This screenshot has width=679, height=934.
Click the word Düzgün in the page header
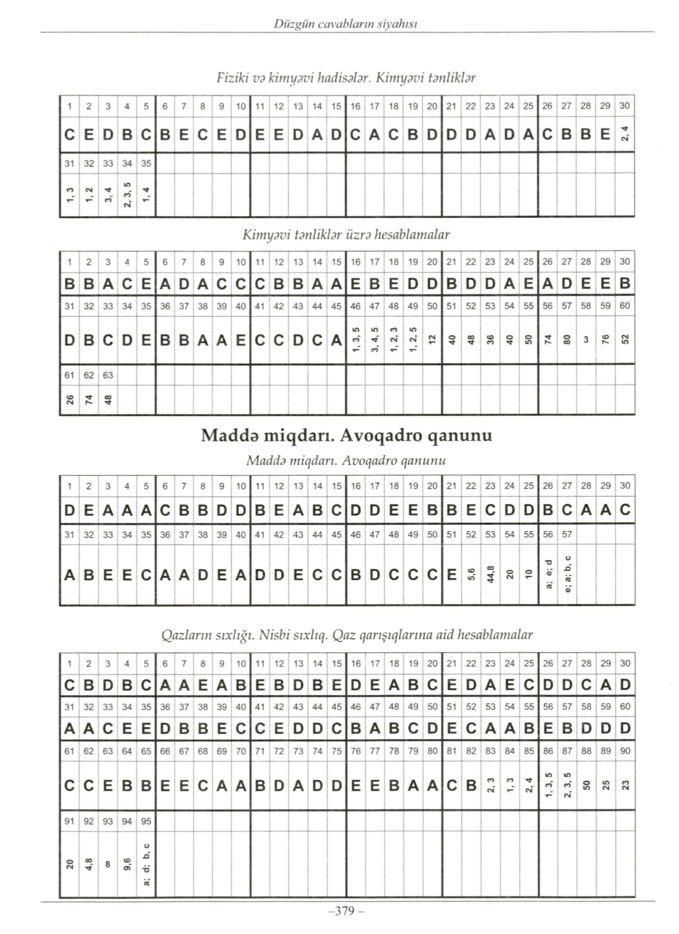coord(289,24)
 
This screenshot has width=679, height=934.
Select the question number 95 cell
coord(146,821)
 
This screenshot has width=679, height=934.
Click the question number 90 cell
coord(625,750)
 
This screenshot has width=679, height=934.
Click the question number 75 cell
coord(336,750)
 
